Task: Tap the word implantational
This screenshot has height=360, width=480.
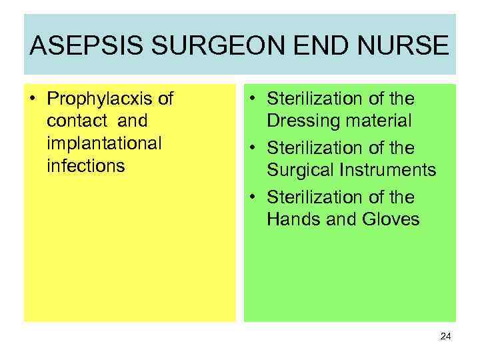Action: (x=105, y=143)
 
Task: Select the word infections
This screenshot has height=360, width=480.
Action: (x=86, y=165)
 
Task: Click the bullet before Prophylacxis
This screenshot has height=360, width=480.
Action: (x=33, y=100)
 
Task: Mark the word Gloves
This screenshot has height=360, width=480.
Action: (x=389, y=219)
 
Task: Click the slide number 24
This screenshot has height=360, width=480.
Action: (x=445, y=337)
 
